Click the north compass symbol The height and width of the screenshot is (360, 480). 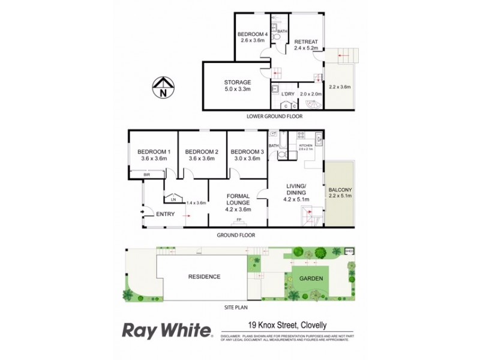[x=163, y=87]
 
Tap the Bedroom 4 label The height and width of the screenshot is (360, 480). [x=252, y=34]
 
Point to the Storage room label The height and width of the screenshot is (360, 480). [x=237, y=82]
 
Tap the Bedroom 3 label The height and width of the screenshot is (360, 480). [x=246, y=152]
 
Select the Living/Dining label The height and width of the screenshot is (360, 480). [x=295, y=188]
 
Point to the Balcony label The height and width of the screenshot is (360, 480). [x=339, y=188]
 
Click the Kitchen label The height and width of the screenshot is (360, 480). [x=306, y=145]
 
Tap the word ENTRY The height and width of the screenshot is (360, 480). [x=165, y=214]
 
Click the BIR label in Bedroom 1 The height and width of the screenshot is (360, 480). [x=146, y=175]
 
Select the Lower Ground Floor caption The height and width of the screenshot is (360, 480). [x=271, y=116]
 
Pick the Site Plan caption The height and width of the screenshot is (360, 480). [x=237, y=307]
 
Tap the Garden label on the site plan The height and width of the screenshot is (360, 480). [x=312, y=278]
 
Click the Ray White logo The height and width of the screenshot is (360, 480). [x=167, y=331]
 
